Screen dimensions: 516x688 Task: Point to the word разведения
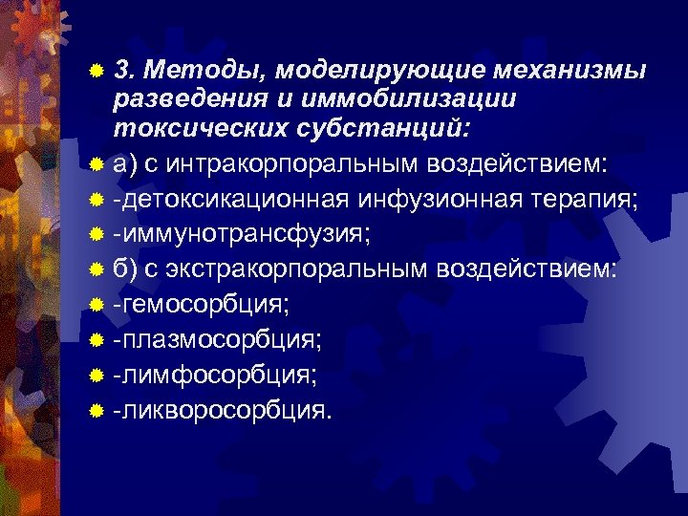189,97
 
